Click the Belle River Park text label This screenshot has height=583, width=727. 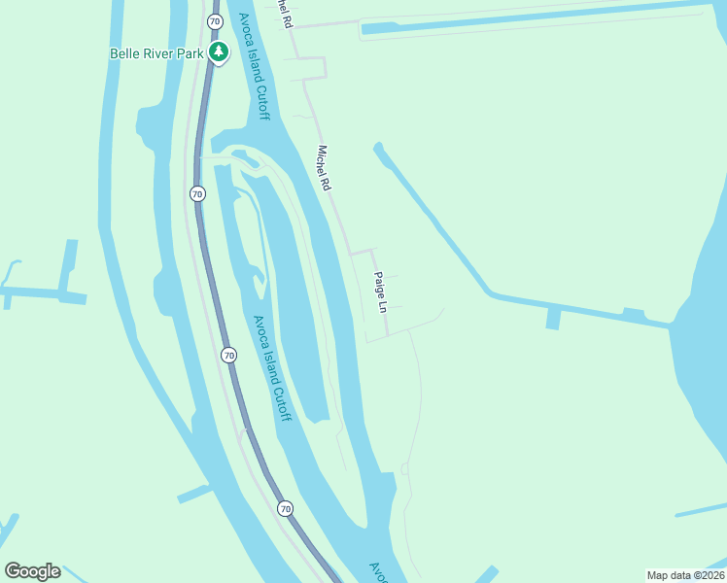point(156,53)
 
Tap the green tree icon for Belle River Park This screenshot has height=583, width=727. point(219,52)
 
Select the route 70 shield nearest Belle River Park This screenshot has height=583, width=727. point(214,19)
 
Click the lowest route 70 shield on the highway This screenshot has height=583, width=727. point(285,508)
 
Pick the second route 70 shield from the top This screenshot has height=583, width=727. point(198,193)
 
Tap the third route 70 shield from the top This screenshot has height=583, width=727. point(228,355)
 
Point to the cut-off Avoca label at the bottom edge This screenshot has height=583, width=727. point(379,572)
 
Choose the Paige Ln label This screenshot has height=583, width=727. point(382,291)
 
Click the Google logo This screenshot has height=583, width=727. point(32,571)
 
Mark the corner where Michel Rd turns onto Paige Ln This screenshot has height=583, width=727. point(371,251)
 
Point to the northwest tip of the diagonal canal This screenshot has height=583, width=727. point(378,148)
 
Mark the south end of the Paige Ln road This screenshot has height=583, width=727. point(387,335)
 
